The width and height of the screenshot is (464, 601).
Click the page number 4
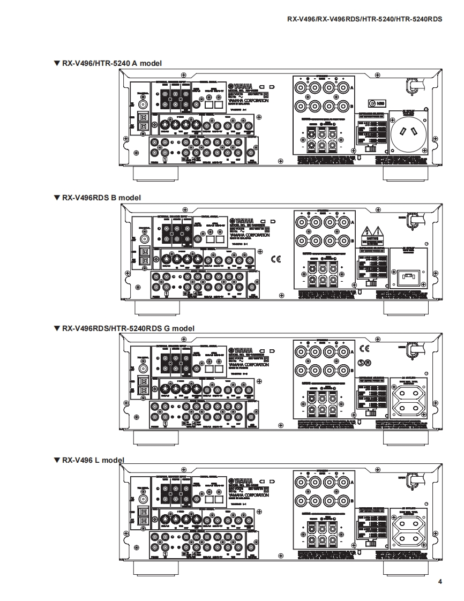point(440,582)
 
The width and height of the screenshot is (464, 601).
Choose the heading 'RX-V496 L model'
point(89,460)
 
